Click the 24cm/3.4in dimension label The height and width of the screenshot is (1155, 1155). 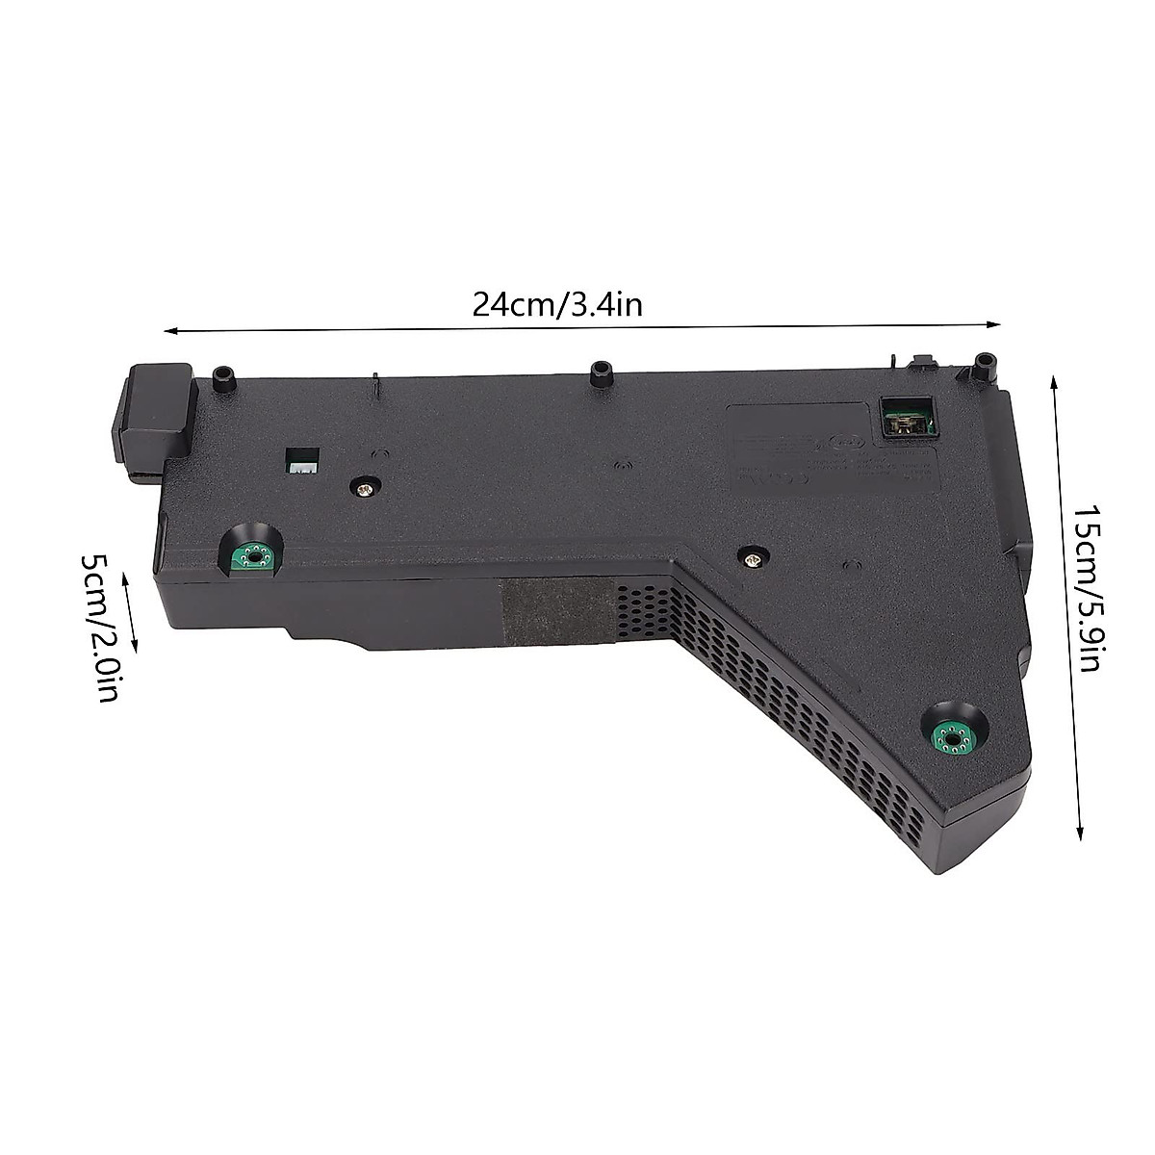coord(556,305)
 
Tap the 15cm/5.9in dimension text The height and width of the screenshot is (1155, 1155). coord(1089,588)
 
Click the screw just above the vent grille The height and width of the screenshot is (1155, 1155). coord(752,555)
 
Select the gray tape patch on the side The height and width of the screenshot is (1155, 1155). coord(557,611)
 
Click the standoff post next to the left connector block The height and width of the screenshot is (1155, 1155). coord(224,377)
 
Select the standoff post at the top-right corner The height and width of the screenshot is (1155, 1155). coord(983,367)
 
